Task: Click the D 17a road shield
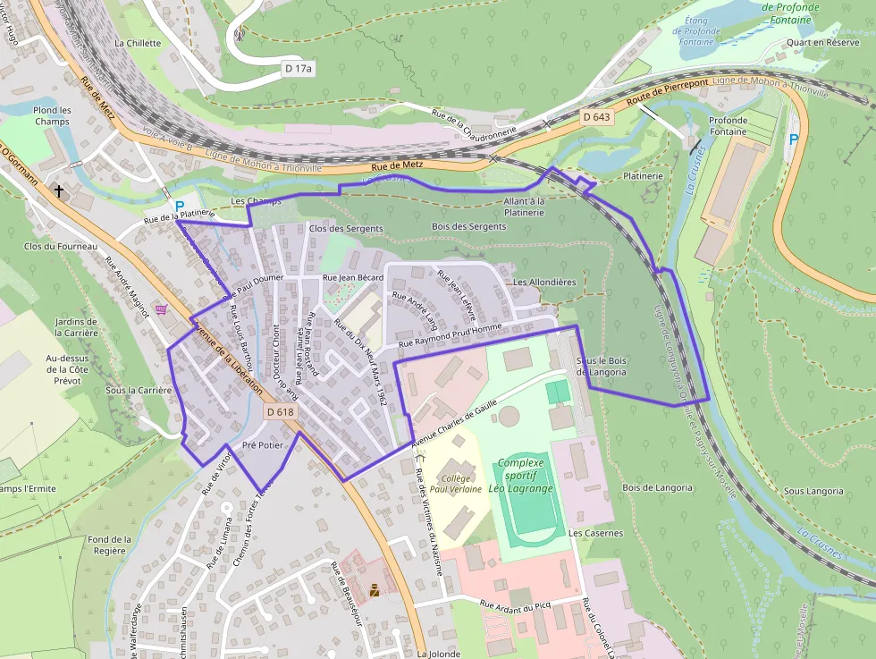299,68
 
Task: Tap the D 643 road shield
596,117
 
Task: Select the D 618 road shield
280,412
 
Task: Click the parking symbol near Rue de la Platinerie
180,206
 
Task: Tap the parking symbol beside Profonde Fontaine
793,139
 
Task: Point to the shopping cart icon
161,309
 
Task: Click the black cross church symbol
60,190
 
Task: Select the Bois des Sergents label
468,227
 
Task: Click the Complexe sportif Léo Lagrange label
525,476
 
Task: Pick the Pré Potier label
262,444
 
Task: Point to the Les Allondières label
543,282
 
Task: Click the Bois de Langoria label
657,487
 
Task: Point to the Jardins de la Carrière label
76,327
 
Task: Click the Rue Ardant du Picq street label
518,607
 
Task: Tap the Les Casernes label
595,533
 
